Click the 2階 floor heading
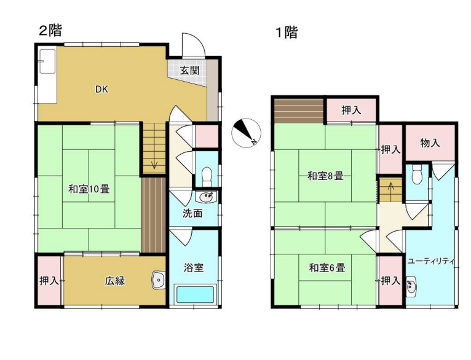click(x=50, y=31)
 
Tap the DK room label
click(x=101, y=89)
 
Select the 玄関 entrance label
click(x=189, y=70)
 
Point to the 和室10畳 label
click(x=89, y=189)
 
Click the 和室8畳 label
click(x=325, y=176)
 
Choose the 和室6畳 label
click(x=326, y=268)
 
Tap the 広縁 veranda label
click(x=114, y=281)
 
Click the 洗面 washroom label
click(x=192, y=214)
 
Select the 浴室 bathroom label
click(x=194, y=267)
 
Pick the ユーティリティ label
click(x=431, y=261)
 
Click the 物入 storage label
click(x=430, y=143)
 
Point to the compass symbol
click(x=247, y=132)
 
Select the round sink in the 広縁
click(x=159, y=280)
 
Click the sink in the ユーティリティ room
click(x=412, y=286)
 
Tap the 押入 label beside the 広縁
click(x=49, y=281)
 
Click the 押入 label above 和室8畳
click(x=350, y=111)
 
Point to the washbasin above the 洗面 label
click(x=206, y=197)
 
